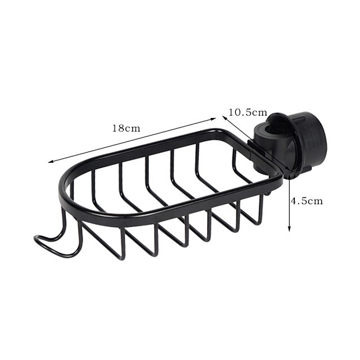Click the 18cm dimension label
point(126,128)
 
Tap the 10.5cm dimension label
point(247,112)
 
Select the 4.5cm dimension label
point(306,201)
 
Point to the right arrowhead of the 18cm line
point(216,119)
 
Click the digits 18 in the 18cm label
point(118,128)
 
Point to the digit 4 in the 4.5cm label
point(293,201)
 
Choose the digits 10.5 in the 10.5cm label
point(240,112)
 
